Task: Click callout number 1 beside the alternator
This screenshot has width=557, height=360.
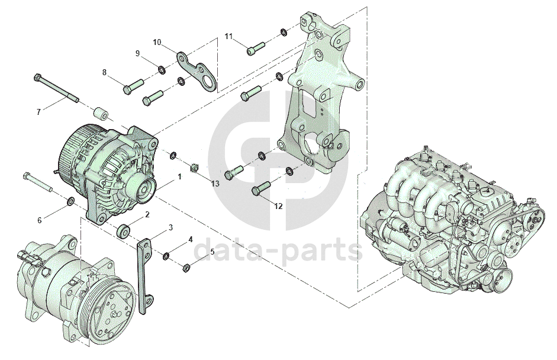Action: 180,176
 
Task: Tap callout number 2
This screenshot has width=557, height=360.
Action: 147,215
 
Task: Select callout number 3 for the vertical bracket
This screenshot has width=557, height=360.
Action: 170,227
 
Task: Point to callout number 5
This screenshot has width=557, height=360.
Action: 212,252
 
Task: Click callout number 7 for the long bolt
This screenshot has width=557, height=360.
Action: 38,112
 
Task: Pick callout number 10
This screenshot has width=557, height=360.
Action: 157,42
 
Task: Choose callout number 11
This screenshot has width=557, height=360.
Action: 228,36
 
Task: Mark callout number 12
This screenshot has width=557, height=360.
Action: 278,206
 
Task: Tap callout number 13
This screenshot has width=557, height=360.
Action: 215,184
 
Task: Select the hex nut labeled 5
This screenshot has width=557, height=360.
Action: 185,268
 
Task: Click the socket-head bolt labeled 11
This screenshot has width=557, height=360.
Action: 256,49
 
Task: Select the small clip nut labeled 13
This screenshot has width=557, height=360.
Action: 194,168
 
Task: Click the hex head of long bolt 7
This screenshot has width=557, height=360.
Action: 38,78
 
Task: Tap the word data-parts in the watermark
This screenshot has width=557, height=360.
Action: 278,249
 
